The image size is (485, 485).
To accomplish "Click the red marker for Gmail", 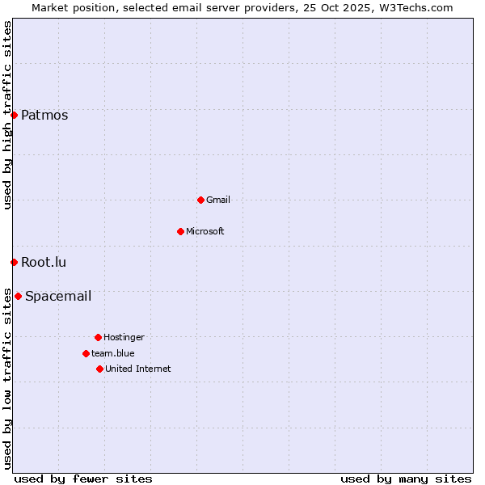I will (x=200, y=200).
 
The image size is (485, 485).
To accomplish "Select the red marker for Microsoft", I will (x=180, y=231).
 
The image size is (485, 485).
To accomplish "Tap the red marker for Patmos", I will (x=14, y=115).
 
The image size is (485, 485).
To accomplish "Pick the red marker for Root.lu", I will (x=14, y=262).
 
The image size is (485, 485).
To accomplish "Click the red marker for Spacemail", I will (x=18, y=296).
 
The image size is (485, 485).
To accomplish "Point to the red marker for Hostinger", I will (x=98, y=337).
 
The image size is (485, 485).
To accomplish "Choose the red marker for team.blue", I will (x=86, y=353).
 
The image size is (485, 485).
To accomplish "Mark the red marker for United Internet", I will (x=99, y=369).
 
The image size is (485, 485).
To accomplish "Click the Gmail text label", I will (x=218, y=200).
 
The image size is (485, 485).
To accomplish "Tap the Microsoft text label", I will (x=205, y=231).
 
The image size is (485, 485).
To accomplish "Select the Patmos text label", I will (x=44, y=115).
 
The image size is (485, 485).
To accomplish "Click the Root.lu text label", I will (x=44, y=262).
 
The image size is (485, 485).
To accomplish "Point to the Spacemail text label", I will (x=58, y=296).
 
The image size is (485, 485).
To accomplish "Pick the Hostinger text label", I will (x=124, y=337).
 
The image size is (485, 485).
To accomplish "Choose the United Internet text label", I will (x=137, y=369).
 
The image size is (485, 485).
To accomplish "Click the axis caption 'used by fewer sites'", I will (x=83, y=479).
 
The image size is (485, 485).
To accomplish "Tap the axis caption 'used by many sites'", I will (x=406, y=479).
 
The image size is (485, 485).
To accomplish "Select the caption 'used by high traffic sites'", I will (x=7, y=115).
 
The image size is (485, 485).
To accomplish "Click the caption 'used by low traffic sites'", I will (x=7, y=377).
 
